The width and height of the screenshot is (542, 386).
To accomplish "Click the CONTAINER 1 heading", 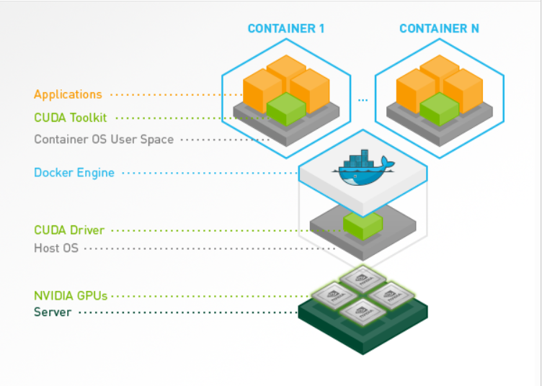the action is point(286,28).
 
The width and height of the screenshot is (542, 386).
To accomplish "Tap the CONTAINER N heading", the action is point(439,28).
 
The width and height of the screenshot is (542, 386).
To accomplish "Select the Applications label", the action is point(68,94).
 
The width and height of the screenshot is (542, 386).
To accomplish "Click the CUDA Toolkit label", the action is point(71,117).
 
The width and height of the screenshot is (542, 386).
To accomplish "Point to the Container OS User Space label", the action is point(104,140).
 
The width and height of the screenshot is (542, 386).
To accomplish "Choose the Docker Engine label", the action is point(74,173).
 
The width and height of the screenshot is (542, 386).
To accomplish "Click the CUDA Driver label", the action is point(69,230).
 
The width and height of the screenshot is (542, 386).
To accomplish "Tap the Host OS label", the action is point(56,248).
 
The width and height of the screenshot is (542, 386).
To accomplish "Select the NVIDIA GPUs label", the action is point(71,296).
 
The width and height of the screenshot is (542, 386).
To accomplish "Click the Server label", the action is point(53,312).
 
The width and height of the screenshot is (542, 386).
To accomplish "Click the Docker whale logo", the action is point(363,168).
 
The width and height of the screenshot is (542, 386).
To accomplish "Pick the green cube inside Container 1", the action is point(286,109).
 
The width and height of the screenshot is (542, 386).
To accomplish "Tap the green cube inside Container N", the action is point(440,109).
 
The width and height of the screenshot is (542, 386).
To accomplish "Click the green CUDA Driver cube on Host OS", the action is point(363,226).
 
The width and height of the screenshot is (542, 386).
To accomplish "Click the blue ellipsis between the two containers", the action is point(363,100).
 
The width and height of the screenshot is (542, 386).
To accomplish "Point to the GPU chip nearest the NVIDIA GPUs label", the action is point(334,296).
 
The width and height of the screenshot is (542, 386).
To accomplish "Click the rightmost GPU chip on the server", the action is point(391,296).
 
